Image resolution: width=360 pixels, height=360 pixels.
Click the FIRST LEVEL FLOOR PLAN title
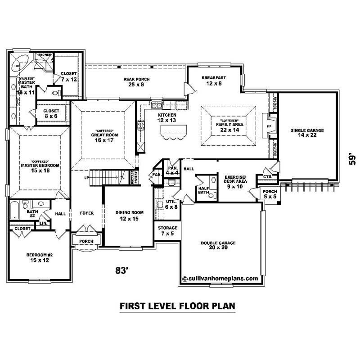tap(177, 306)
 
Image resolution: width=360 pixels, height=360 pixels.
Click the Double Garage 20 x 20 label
tap(218, 245)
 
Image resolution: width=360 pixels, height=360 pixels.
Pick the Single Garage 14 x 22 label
tap(307, 133)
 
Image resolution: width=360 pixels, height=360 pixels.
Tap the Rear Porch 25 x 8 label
tap(136, 81)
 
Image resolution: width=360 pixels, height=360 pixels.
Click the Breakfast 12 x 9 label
tap(213, 80)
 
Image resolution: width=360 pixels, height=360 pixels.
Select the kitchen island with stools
tap(173, 131)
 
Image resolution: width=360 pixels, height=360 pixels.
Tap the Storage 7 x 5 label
tap(167, 230)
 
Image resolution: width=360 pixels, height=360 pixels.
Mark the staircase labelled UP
tap(107, 175)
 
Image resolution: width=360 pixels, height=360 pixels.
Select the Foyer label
tap(86, 213)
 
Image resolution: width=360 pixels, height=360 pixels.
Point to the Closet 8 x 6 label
tap(51, 113)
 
